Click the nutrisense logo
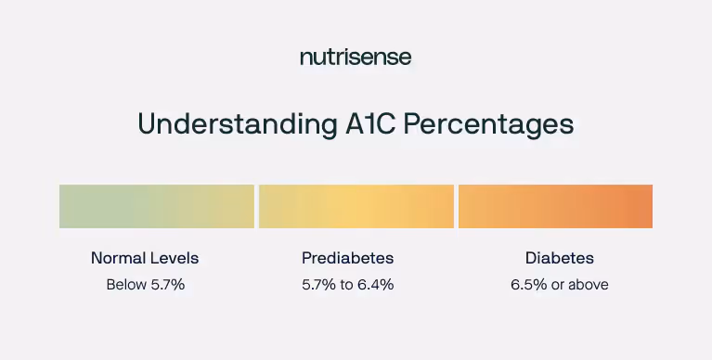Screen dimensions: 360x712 [x=356, y=58]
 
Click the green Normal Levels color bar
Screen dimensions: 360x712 [x=156, y=206]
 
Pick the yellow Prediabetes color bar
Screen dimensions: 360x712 [x=356, y=206]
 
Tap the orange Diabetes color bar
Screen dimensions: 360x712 [x=555, y=206]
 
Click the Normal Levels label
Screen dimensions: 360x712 [x=145, y=258]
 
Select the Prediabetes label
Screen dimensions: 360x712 [x=348, y=258]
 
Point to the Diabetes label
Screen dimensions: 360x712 [x=560, y=258]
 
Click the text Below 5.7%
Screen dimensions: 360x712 [x=145, y=285]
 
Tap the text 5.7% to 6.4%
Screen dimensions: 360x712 [x=348, y=285]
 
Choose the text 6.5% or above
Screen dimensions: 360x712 [x=560, y=285]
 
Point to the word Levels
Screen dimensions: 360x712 [x=175, y=258]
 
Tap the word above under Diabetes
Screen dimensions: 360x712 [x=588, y=285]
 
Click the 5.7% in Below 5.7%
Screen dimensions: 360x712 [x=167, y=285]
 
